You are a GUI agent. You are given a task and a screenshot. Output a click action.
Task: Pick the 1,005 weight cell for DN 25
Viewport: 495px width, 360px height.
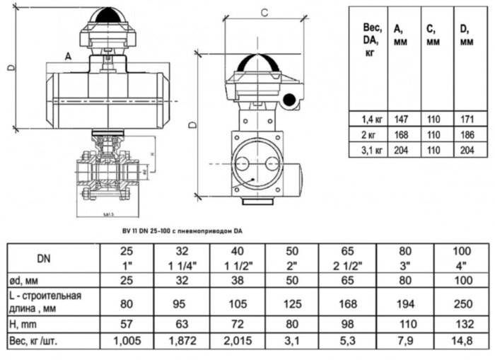click(127, 340)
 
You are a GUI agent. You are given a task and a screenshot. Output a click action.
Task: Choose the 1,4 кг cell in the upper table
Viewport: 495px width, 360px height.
click(370, 119)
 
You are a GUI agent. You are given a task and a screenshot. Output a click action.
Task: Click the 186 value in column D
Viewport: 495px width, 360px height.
click(467, 134)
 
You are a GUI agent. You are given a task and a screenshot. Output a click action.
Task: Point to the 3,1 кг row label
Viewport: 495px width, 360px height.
click(370, 150)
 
